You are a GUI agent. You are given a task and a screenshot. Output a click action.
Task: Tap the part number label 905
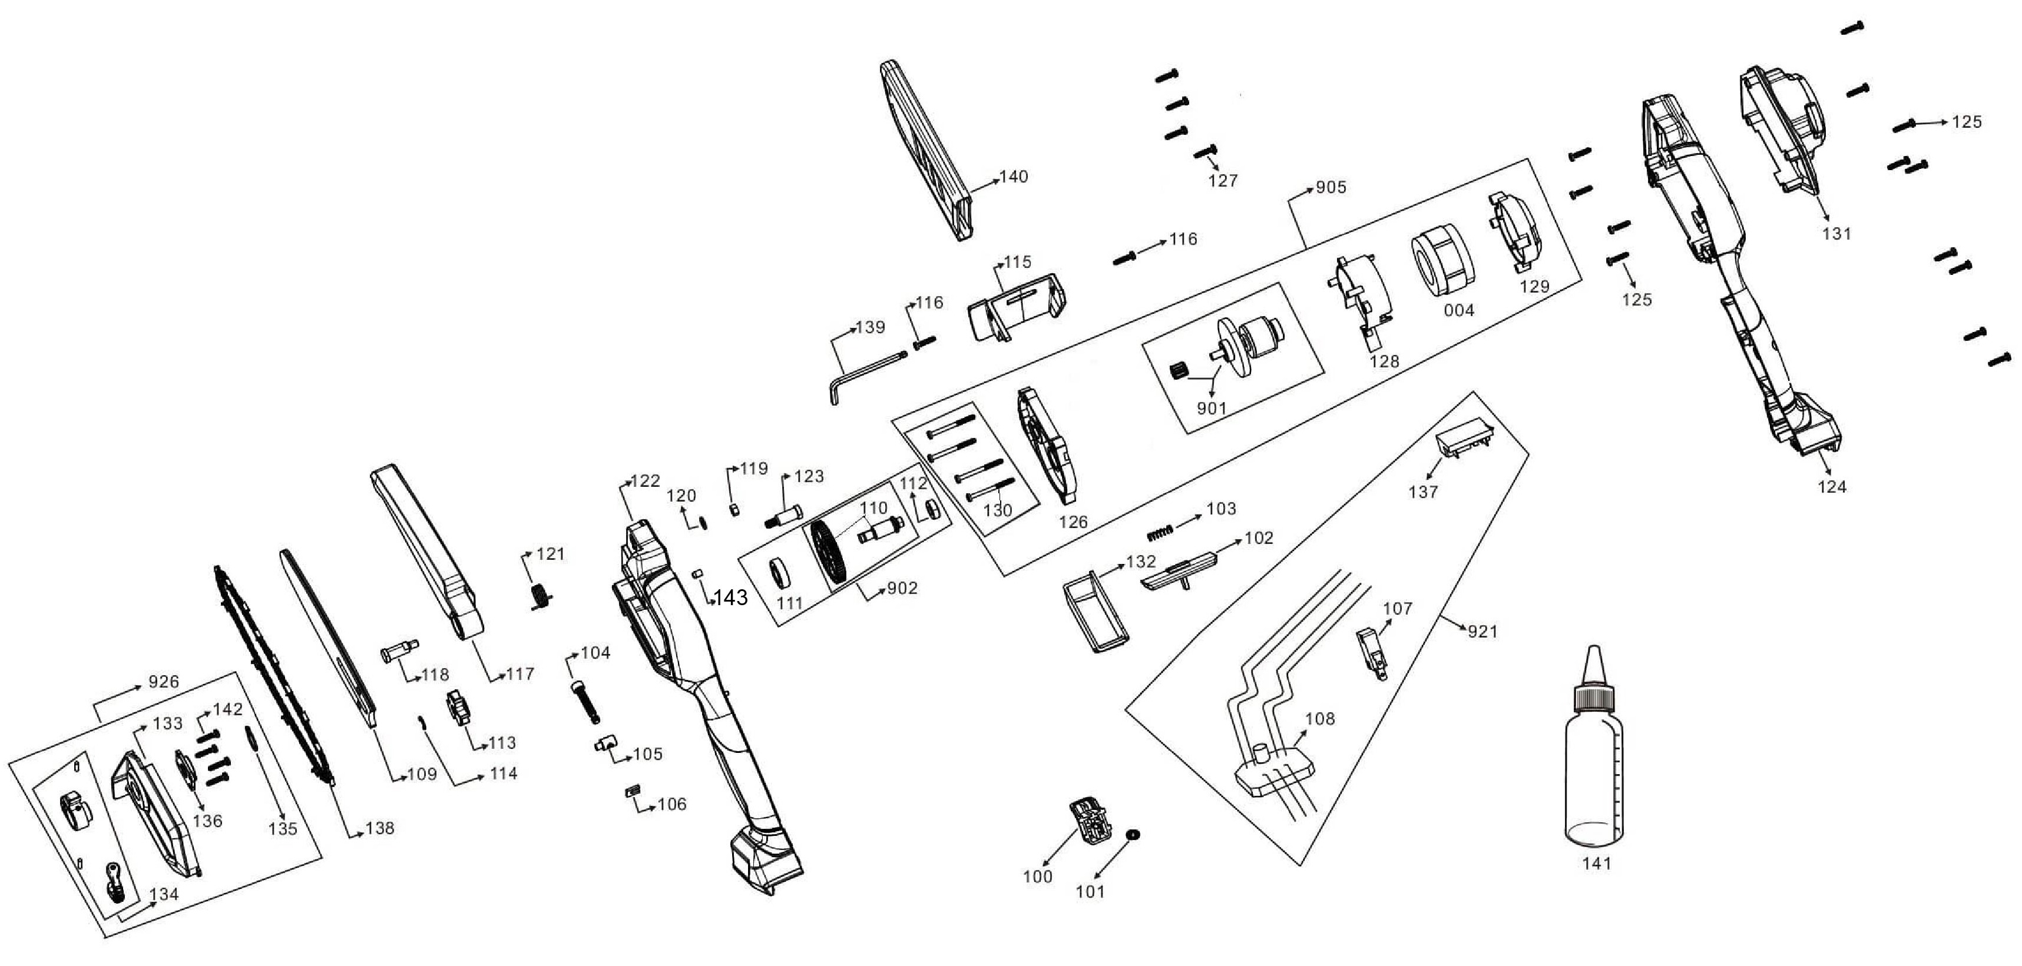pyautogui.click(x=1331, y=187)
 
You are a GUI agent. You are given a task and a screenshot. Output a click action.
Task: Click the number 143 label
pyautogui.click(x=730, y=598)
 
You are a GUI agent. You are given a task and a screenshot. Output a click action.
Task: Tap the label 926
pyautogui.click(x=163, y=682)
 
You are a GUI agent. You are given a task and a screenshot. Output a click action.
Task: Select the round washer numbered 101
pyautogui.click(x=1132, y=834)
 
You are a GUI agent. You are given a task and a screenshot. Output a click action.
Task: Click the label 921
pyautogui.click(x=1482, y=631)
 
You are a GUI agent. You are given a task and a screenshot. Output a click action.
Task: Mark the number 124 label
pyautogui.click(x=1832, y=486)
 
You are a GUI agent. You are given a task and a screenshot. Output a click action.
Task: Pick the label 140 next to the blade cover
pyautogui.click(x=1013, y=177)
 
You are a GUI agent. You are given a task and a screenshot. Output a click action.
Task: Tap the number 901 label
pyautogui.click(x=1211, y=408)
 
